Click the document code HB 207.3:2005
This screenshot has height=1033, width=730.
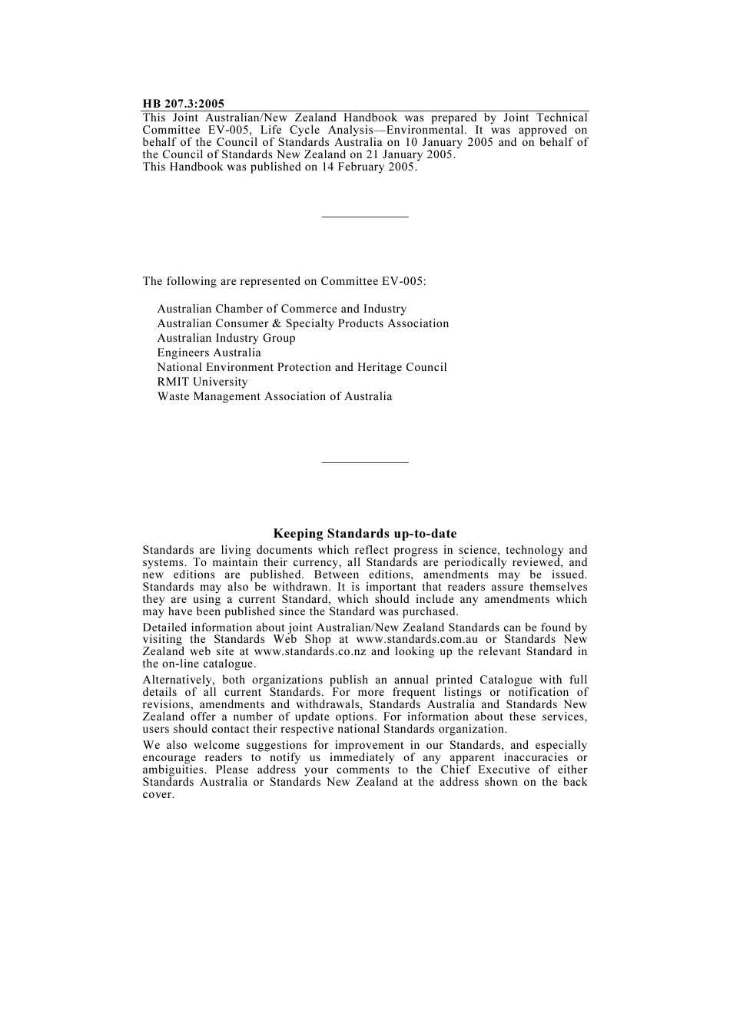coord(183,104)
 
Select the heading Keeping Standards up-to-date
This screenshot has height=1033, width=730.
coord(365,534)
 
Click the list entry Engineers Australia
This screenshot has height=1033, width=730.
coord(209,353)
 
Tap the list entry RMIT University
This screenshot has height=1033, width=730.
coord(202,382)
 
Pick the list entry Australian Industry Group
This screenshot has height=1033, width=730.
coord(226,338)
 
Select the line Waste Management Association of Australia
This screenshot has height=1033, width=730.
coord(274,396)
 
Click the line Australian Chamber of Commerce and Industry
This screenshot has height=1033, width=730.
coord(281,309)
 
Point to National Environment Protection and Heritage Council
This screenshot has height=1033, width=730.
coord(302,367)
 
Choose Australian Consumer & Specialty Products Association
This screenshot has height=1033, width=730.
coord(303,323)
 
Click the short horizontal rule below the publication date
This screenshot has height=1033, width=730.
coord(365,217)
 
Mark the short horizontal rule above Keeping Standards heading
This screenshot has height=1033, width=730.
coord(365,462)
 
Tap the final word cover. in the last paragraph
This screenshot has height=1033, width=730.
coord(158,794)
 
